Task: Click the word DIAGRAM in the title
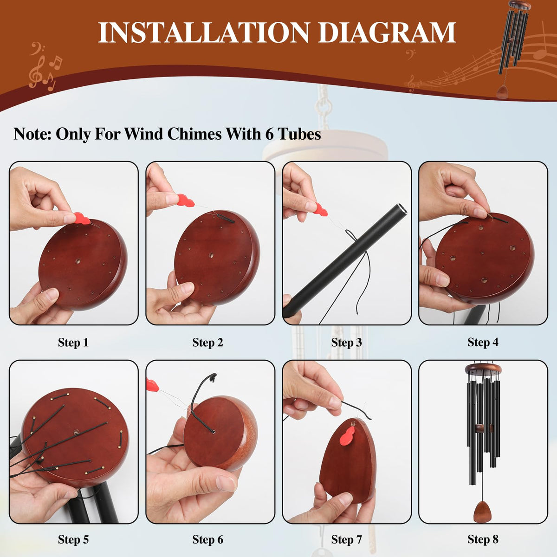point(387,32)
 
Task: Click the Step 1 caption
point(73,342)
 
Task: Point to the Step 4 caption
point(483,342)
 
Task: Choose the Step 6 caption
point(208,539)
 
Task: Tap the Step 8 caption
point(483,539)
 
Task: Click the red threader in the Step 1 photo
point(82,219)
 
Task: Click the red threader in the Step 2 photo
point(185,201)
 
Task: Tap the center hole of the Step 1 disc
point(78,261)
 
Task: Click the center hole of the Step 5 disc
point(77,433)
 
